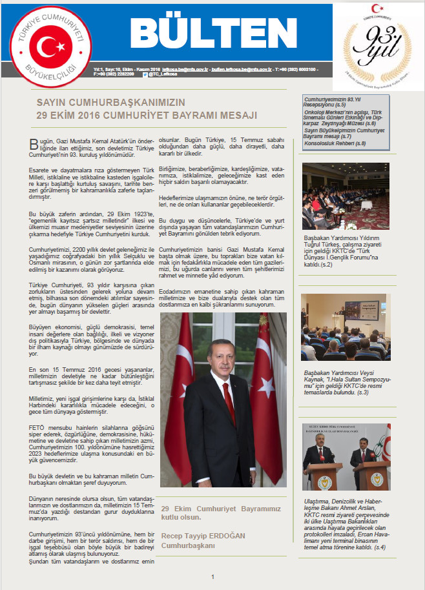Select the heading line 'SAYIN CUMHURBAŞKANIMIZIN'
click(x=110, y=103)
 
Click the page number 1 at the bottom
click(x=212, y=576)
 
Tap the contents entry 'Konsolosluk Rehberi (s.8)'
click(x=335, y=143)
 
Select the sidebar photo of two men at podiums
click(x=346, y=457)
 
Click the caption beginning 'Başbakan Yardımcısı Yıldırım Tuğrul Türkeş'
click(x=346, y=247)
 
